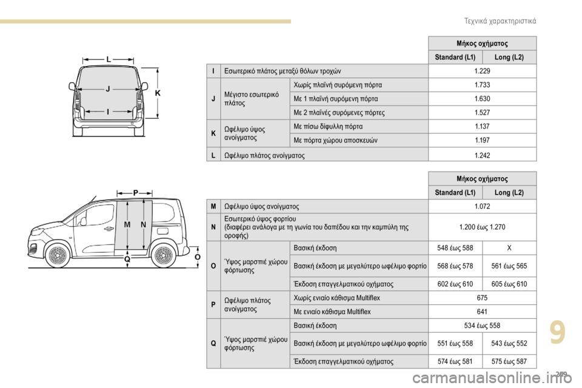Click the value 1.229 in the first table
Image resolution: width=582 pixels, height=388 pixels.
[x=482, y=72]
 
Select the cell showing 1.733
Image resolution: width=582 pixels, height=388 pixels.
[x=482, y=85]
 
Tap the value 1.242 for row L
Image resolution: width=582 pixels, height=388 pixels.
[x=482, y=155]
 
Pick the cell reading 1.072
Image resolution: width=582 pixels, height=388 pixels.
[x=482, y=207]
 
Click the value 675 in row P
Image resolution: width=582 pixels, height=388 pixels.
[x=482, y=298]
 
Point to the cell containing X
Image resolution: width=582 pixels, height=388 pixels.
[x=509, y=248]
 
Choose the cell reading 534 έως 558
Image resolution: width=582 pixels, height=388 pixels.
[x=482, y=325]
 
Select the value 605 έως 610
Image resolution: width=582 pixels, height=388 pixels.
[x=509, y=284]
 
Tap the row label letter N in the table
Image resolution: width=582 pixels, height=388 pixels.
[x=213, y=227]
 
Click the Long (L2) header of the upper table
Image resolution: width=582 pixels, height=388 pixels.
[x=509, y=58]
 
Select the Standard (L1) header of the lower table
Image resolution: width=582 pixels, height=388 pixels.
[x=455, y=193]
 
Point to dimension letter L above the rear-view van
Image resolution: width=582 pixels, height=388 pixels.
[x=109, y=59]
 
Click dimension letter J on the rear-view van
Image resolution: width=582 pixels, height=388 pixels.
[x=107, y=89]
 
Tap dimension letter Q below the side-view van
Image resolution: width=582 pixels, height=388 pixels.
[x=127, y=259]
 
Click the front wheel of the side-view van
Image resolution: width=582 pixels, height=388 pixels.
[x=57, y=255]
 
